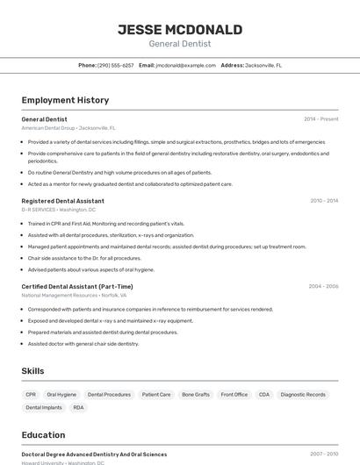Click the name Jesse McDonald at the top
click(179, 29)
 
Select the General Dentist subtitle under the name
click(179, 44)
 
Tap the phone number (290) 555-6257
click(115, 65)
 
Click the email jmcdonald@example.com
click(185, 65)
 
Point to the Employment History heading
click(65, 100)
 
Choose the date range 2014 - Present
click(320, 118)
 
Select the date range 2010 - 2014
click(323, 201)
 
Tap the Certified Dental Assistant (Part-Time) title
click(77, 286)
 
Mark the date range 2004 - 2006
click(323, 286)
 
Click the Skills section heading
click(32, 371)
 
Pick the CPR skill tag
click(32, 395)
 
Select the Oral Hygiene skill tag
click(61, 395)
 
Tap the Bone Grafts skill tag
click(196, 395)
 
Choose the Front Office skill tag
click(234, 395)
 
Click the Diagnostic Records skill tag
click(303, 395)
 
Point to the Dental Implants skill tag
click(44, 408)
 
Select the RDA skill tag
click(79, 408)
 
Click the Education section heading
click(43, 435)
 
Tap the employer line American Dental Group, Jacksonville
click(68, 128)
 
